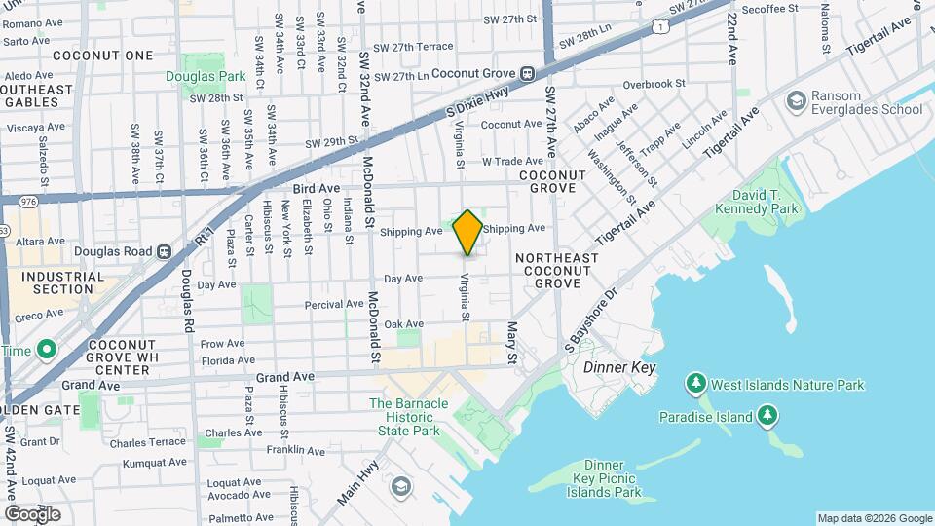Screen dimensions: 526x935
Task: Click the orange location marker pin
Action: click(x=467, y=232)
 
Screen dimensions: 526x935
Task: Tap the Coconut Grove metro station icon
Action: click(x=527, y=72)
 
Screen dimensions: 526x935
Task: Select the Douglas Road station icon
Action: click(x=164, y=250)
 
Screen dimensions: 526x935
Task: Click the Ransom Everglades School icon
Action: click(x=796, y=99)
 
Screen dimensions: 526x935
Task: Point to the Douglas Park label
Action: click(x=206, y=76)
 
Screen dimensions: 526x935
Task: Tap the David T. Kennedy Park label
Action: click(x=757, y=201)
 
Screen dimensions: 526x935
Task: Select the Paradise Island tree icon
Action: click(x=768, y=417)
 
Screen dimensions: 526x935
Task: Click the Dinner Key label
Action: click(x=619, y=368)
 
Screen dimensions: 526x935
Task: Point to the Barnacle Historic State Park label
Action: click(x=408, y=417)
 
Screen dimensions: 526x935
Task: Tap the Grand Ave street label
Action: click(x=285, y=376)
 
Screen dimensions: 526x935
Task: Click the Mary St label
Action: click(x=512, y=344)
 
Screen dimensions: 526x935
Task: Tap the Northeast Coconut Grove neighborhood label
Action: click(x=556, y=270)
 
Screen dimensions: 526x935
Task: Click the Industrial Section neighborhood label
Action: click(x=62, y=282)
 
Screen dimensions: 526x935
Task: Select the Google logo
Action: click(x=32, y=514)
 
